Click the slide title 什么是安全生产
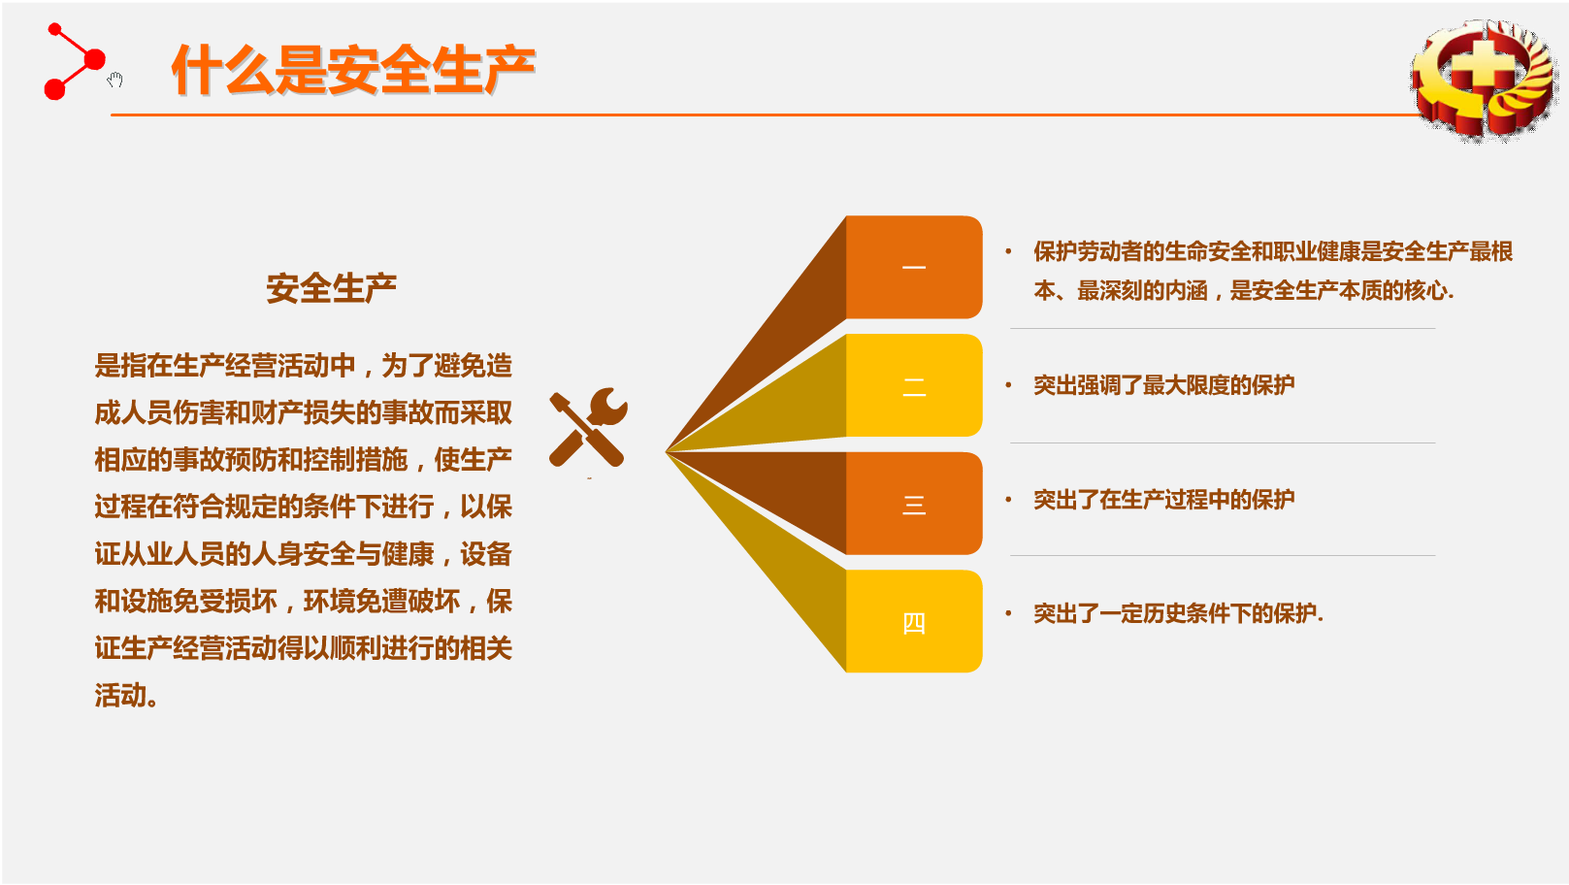click(x=354, y=69)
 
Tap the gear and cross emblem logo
click(x=1484, y=79)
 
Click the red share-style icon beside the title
click(x=75, y=62)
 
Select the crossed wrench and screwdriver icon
click(x=588, y=427)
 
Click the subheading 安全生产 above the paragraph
click(x=331, y=288)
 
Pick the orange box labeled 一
click(x=914, y=267)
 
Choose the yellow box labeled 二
click(x=914, y=385)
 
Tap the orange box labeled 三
click(x=914, y=503)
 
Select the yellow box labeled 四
click(x=914, y=621)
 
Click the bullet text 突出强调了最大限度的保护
click(x=1163, y=384)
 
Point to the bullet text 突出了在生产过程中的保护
click(x=1163, y=500)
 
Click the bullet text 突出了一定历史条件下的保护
click(x=1178, y=614)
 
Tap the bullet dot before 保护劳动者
click(x=1009, y=251)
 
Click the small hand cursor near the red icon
click(x=115, y=80)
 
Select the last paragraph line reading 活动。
click(x=126, y=696)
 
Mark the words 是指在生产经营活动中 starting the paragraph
click(x=225, y=366)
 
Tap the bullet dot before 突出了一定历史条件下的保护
click(x=1009, y=614)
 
